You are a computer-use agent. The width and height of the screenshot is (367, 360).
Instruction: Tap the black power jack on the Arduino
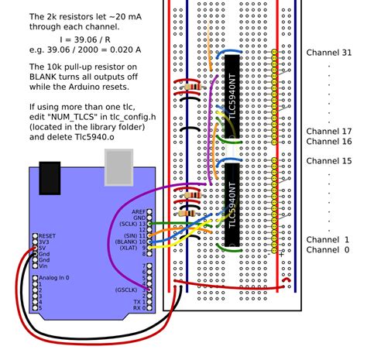tap(50, 177)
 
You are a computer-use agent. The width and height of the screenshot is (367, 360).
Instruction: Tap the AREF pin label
tap(138, 211)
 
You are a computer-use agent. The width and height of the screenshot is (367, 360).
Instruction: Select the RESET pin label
tap(48, 235)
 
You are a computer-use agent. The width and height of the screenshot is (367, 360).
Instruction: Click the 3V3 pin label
tap(43, 241)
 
